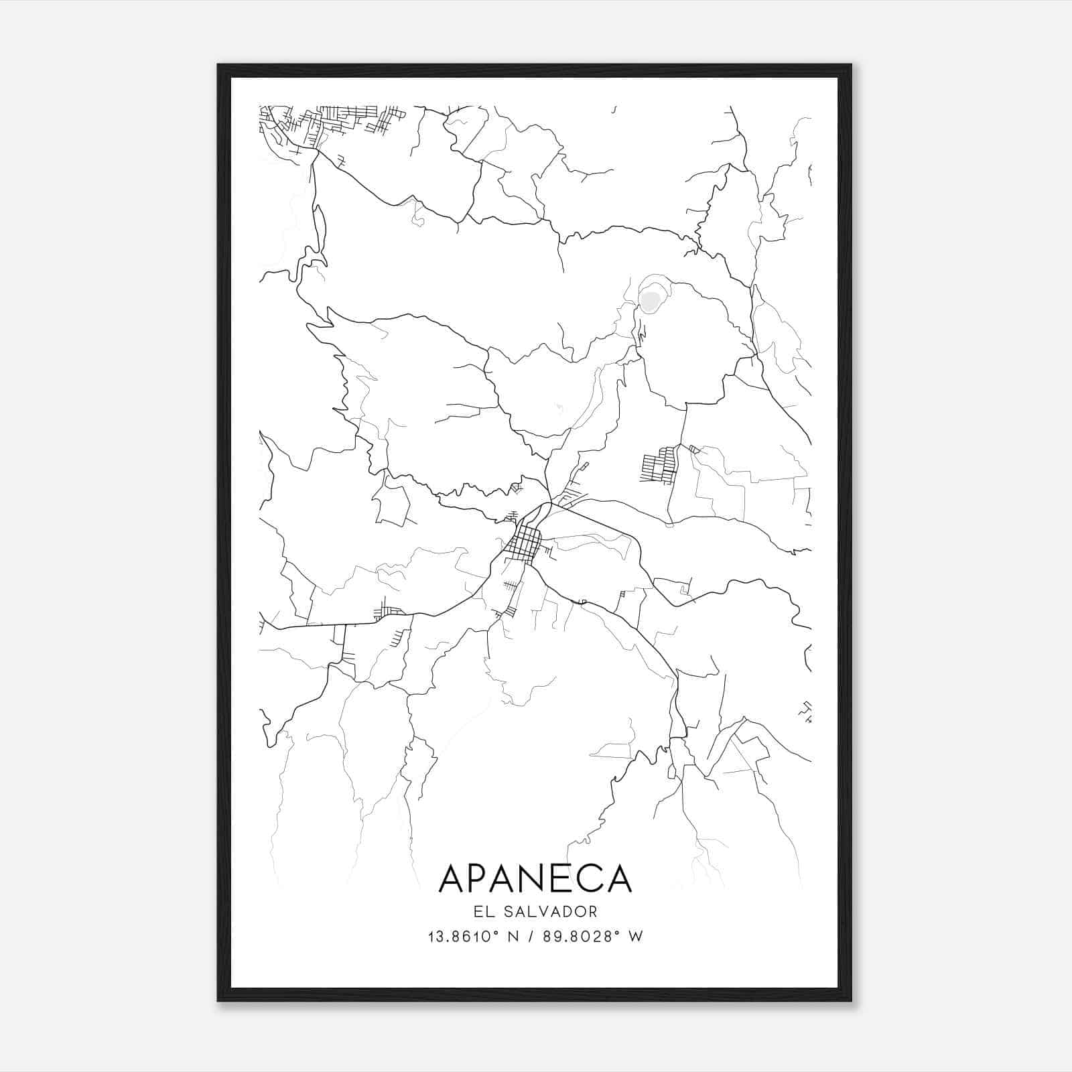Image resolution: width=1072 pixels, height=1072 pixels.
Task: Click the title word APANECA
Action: pyautogui.click(x=535, y=878)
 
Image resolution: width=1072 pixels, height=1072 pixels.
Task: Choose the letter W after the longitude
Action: pyautogui.click(x=635, y=937)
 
